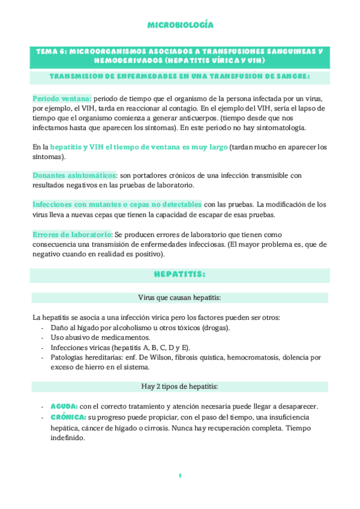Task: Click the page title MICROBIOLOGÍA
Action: pos(180,25)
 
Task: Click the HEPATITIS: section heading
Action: pos(180,274)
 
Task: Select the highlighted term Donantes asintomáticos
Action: pos(74,175)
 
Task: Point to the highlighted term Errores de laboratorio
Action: pos(72,234)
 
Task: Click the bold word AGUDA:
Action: pos(64,406)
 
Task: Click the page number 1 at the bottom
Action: pos(179,476)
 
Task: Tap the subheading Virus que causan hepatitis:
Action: pos(180,298)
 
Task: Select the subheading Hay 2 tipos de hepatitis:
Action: pos(180,386)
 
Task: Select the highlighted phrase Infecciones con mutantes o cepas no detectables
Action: pos(118,204)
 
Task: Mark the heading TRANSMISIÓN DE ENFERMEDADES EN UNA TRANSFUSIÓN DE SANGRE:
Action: pos(180,76)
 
